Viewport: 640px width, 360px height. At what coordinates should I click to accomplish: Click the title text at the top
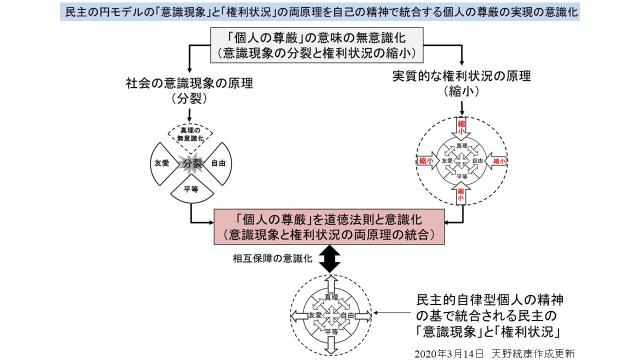click(320, 11)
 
